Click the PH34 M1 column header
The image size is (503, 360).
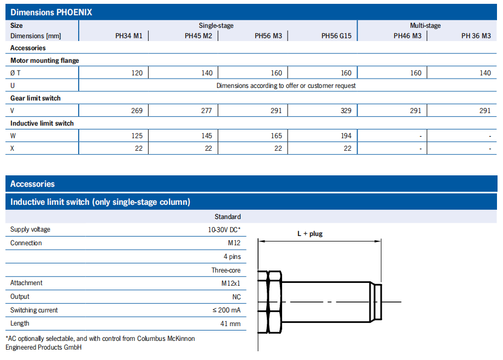[128, 36]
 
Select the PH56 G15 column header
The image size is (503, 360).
[336, 36]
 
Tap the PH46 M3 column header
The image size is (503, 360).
[407, 36]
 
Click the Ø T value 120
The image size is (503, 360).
[137, 73]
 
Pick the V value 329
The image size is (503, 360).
[346, 110]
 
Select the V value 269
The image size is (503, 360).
[137, 110]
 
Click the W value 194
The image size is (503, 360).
[346, 136]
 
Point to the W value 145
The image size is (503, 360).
[207, 136]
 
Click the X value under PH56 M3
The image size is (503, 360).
[278, 149]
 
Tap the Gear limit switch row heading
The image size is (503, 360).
[36, 98]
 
